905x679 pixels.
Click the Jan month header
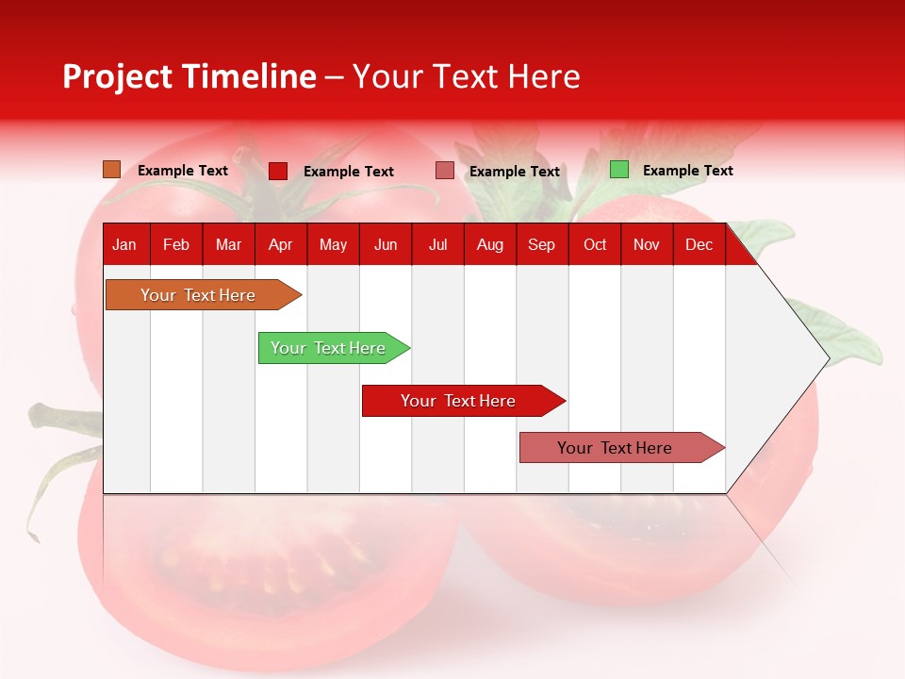[x=124, y=245]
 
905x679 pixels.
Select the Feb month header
[x=176, y=245]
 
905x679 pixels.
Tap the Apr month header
[x=280, y=245]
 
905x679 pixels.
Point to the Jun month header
[x=386, y=245]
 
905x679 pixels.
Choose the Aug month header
[x=489, y=245]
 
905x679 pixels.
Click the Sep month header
[x=541, y=245]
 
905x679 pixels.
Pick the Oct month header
[x=595, y=245]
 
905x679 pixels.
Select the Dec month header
[x=699, y=245]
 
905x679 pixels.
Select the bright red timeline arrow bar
[x=459, y=401]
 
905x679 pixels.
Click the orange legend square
[x=112, y=170]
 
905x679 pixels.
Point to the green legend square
[x=619, y=170]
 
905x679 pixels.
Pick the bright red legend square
[x=278, y=171]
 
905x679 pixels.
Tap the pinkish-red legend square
[x=445, y=171]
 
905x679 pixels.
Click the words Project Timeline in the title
[x=189, y=76]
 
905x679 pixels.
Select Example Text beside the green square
[x=687, y=171]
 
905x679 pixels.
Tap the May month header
[x=333, y=245]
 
